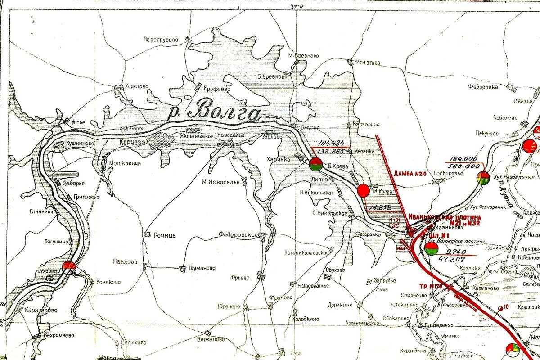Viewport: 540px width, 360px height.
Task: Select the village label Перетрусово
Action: [x=161, y=40]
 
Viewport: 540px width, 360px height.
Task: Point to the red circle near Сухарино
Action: [x=69, y=266]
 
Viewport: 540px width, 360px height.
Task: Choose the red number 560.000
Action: [x=463, y=166]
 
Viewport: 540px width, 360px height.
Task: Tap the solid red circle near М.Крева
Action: [x=363, y=191]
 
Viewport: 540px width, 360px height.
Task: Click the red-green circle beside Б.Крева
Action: [x=315, y=165]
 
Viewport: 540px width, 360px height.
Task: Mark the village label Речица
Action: [x=165, y=235]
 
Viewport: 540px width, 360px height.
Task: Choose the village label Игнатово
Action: [x=369, y=62]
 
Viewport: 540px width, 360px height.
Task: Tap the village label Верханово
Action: [x=211, y=339]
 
